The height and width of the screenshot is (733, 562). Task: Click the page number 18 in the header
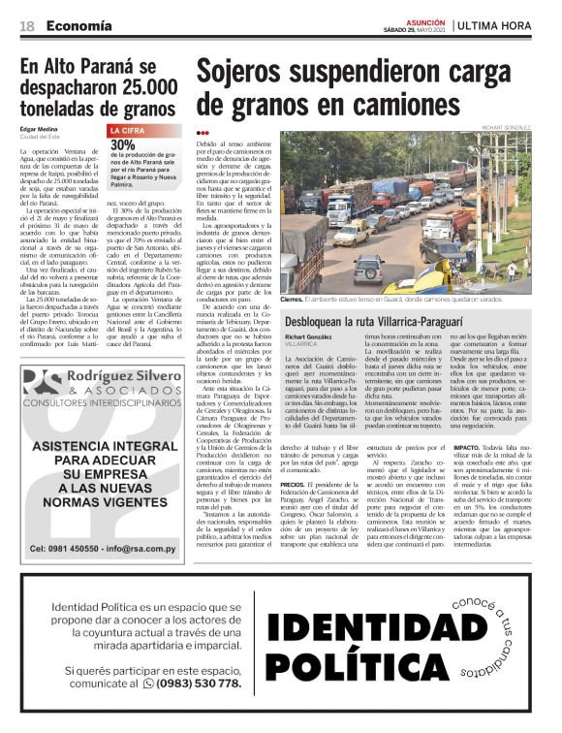28,26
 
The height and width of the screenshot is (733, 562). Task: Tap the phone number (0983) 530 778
198,683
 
